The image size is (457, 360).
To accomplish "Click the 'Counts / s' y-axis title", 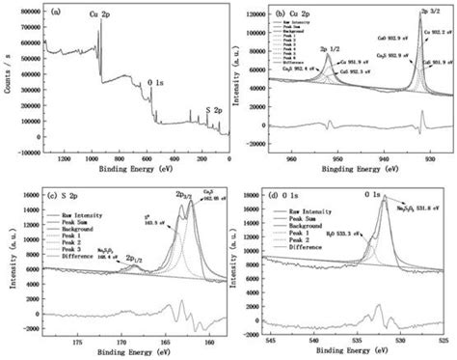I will coord(8,78).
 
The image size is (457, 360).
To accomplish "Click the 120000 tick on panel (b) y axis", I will coord(255,16).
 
